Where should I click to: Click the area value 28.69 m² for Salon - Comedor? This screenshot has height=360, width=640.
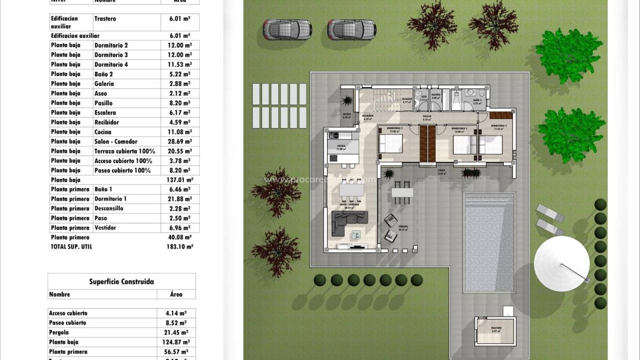(x=179, y=142)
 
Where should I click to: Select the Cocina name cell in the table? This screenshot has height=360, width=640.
(x=103, y=132)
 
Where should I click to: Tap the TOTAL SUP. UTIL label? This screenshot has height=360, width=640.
(x=71, y=247)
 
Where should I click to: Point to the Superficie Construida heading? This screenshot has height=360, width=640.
(x=121, y=282)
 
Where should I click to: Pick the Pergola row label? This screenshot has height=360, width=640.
(x=59, y=332)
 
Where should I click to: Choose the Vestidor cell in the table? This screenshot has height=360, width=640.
(x=105, y=228)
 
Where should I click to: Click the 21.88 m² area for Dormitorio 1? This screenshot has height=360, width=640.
(x=179, y=199)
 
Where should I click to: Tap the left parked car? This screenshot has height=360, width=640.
(x=287, y=30)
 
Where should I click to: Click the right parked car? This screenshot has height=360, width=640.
(x=351, y=30)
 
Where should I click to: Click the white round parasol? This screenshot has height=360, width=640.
(x=561, y=263)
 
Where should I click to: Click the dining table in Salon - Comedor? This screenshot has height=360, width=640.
(x=351, y=190)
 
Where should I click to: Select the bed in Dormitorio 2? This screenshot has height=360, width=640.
(x=390, y=143)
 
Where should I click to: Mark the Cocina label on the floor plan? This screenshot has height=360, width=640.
(x=341, y=146)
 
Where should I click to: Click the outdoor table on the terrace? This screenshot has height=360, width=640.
(x=402, y=192)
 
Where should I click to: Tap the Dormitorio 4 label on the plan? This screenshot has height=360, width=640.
(x=499, y=126)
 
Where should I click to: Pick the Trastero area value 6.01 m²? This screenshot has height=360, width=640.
(x=179, y=19)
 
